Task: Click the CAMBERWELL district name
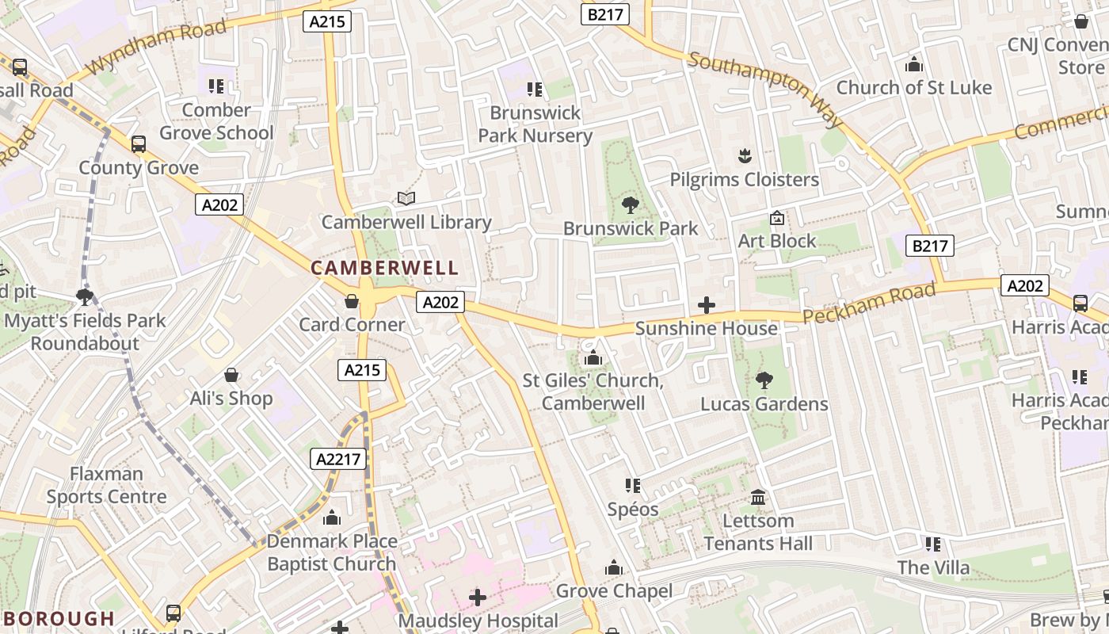pyautogui.click(x=385, y=268)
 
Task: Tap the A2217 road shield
pyautogui.click(x=338, y=459)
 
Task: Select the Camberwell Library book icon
pyautogui.click(x=406, y=198)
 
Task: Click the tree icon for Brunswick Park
pyautogui.click(x=631, y=205)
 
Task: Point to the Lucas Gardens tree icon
pyautogui.click(x=764, y=380)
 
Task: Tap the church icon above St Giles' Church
pyautogui.click(x=593, y=358)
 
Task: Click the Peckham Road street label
pyautogui.click(x=869, y=304)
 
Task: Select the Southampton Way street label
pyautogui.click(x=766, y=89)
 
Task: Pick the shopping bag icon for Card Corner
pyautogui.click(x=352, y=302)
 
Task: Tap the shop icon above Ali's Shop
pyautogui.click(x=231, y=375)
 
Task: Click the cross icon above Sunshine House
pyautogui.click(x=707, y=305)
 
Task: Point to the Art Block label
pyautogui.click(x=776, y=241)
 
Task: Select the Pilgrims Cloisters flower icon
pyautogui.click(x=744, y=156)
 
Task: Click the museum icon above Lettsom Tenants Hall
pyautogui.click(x=758, y=498)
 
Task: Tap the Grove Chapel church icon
pyautogui.click(x=614, y=568)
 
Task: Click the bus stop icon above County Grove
pyautogui.click(x=139, y=144)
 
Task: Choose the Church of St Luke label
pyautogui.click(x=914, y=87)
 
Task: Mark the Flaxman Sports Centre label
pyautogui.click(x=107, y=485)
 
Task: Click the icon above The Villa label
pyautogui.click(x=933, y=544)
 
